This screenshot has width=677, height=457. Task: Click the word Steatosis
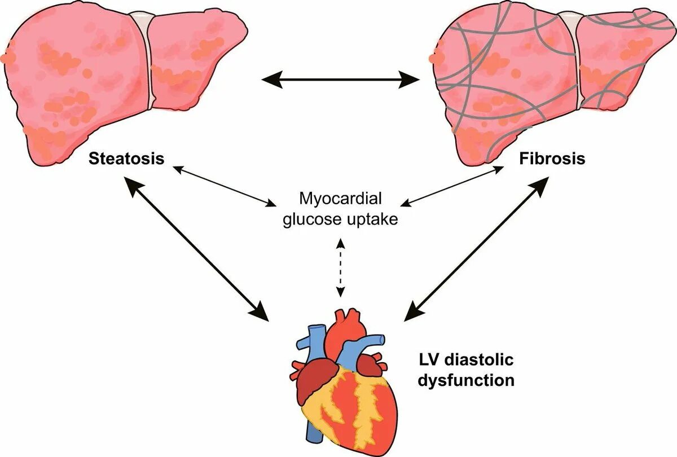pos(126,159)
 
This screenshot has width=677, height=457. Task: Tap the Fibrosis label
pos(552,159)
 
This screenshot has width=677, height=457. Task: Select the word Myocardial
pos(341,199)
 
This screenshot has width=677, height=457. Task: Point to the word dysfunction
pos(466,380)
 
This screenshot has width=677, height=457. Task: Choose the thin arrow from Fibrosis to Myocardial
pos(455,184)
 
